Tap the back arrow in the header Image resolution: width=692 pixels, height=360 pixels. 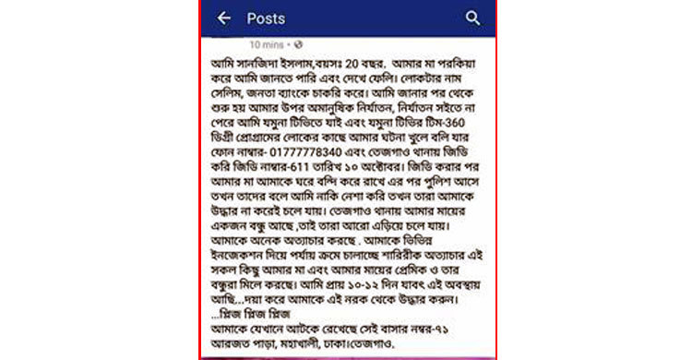coord(223,18)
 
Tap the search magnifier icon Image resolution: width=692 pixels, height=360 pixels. coord(473,18)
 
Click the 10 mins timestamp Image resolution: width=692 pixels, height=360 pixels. coord(267,43)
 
